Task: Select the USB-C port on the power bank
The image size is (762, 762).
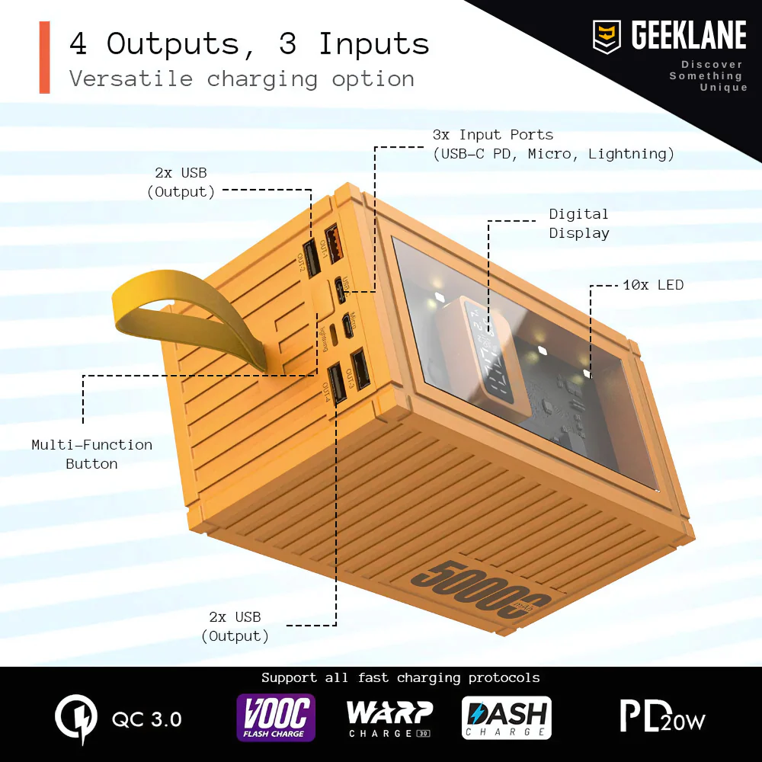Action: point(339,290)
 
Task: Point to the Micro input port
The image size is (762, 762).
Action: point(347,325)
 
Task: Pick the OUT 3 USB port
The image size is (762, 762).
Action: point(359,368)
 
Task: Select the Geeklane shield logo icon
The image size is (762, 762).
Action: point(607,37)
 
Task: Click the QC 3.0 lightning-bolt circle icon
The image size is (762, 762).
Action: point(76,719)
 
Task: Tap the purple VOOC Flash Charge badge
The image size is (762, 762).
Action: point(275,718)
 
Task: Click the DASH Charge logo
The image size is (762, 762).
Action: point(506,718)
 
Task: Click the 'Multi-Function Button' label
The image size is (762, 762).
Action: point(91,454)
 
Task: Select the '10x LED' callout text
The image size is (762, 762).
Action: point(653,285)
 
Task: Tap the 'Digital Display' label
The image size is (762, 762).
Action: point(578,223)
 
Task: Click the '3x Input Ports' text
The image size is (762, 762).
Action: point(492,135)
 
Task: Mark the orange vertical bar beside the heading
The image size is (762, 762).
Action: point(44,57)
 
